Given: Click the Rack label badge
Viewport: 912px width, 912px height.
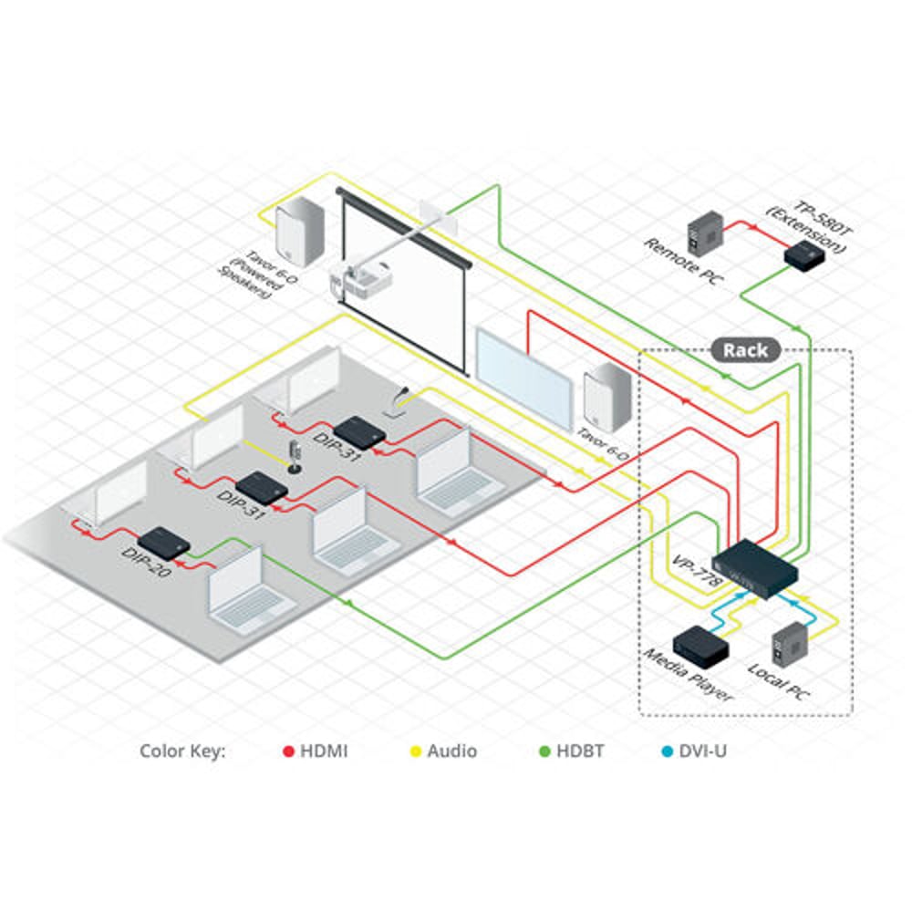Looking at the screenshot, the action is pyautogui.click(x=746, y=350).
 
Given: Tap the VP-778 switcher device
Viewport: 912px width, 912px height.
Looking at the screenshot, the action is pyautogui.click(x=755, y=568).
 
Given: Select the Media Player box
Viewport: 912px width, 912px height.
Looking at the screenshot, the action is pyautogui.click(x=700, y=647).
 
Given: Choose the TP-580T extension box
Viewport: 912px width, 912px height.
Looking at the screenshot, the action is pyautogui.click(x=804, y=255).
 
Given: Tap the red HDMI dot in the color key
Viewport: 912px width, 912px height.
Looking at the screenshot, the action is pyautogui.click(x=288, y=751).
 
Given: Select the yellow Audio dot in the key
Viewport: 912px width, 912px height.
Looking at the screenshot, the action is pyautogui.click(x=415, y=751).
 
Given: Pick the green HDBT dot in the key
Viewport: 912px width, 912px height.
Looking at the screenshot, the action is pyautogui.click(x=544, y=751).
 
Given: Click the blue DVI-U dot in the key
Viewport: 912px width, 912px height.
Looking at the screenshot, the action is pyautogui.click(x=668, y=751).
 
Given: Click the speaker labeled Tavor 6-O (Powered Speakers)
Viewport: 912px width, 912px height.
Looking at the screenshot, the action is pyautogui.click(x=299, y=232).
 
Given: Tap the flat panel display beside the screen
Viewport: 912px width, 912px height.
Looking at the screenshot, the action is pyautogui.click(x=524, y=379).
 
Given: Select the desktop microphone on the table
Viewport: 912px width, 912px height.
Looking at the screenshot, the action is pyautogui.click(x=295, y=457).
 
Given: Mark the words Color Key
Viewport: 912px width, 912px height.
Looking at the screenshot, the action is pyautogui.click(x=182, y=751).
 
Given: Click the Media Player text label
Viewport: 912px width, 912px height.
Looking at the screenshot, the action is pyautogui.click(x=688, y=674).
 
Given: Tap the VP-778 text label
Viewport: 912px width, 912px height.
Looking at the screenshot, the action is pyautogui.click(x=697, y=571).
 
